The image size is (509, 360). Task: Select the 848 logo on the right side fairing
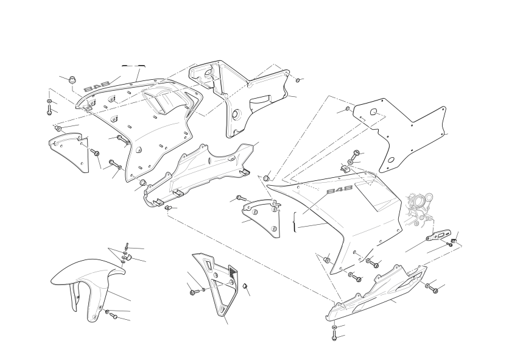click(339, 190)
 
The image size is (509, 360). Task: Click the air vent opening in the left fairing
click(163, 101)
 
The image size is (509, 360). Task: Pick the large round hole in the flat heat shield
click(374, 112)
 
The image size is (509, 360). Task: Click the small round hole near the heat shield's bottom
click(391, 160)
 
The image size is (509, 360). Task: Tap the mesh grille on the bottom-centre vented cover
click(233, 271)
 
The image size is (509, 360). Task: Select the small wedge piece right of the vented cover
click(246, 286)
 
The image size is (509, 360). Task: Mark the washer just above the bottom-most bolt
click(335, 326)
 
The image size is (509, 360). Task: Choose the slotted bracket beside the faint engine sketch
click(438, 235)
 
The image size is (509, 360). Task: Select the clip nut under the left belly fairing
click(169, 207)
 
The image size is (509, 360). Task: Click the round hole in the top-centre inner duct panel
click(236, 115)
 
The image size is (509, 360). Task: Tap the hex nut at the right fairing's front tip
click(267, 178)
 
